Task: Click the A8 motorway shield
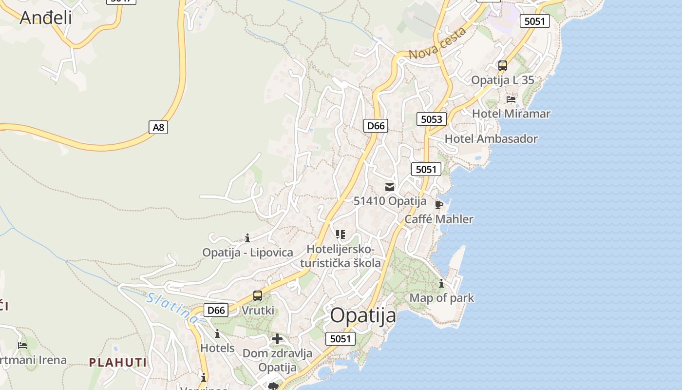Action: click(158, 127)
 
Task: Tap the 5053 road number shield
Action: click(432, 119)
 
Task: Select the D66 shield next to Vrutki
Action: click(216, 310)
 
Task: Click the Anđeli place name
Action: click(46, 18)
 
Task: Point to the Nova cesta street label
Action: click(437, 44)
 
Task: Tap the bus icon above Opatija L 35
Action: click(502, 66)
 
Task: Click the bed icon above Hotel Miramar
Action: click(511, 99)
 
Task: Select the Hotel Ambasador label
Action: click(491, 138)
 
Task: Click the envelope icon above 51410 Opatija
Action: click(390, 187)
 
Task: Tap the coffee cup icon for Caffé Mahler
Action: click(438, 205)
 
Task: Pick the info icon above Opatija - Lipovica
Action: click(247, 238)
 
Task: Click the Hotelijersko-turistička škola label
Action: click(341, 256)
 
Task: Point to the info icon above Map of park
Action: click(441, 283)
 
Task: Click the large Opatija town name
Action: click(363, 315)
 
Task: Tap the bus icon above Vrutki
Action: click(257, 296)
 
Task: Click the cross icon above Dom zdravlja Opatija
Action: click(277, 339)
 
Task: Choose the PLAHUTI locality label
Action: click(117, 362)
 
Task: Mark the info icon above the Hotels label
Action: click(217, 334)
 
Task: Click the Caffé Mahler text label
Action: click(439, 219)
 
